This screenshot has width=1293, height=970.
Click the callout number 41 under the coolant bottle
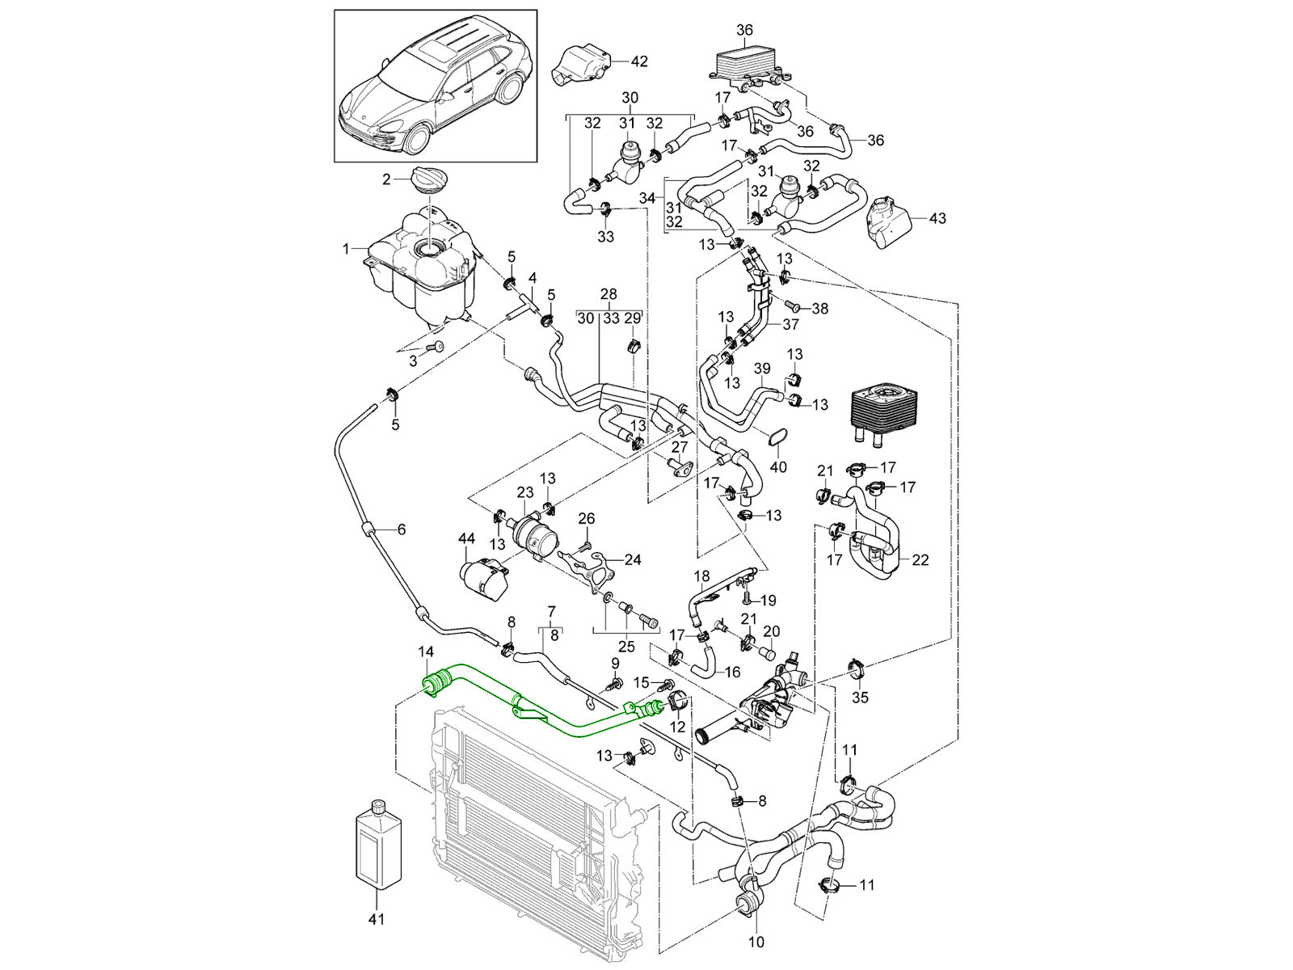377,919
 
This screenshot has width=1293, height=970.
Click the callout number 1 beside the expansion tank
346,249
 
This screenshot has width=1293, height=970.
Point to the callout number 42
639,61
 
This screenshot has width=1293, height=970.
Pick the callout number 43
937,218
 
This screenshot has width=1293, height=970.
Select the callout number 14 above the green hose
426,652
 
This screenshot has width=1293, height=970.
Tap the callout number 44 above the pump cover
466,538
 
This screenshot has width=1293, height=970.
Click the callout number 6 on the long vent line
401,530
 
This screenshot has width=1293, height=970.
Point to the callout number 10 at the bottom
756,942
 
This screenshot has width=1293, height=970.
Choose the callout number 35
860,697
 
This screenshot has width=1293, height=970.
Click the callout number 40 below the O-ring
778,468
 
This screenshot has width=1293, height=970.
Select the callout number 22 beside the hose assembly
920,559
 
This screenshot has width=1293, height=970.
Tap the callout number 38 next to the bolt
819,309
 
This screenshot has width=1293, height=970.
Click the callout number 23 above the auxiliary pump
525,492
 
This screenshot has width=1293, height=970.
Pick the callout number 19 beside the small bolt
768,600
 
